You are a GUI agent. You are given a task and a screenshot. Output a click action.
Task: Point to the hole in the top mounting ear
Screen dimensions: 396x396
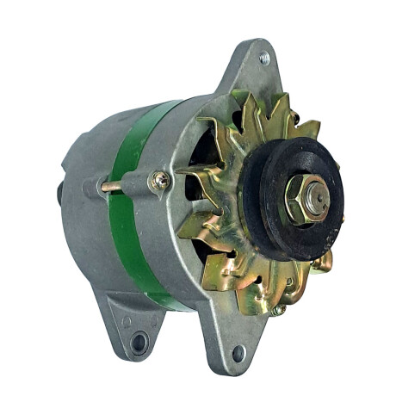[x=263, y=59]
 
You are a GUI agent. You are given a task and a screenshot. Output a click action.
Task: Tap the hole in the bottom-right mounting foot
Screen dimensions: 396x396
[x=238, y=353]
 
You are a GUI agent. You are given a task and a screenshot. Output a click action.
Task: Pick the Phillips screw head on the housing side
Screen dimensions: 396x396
[x=160, y=182]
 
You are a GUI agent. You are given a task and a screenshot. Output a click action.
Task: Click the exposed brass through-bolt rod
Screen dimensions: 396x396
[x=111, y=186]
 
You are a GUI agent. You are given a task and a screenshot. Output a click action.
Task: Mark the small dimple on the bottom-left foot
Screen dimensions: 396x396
[x=126, y=322]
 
